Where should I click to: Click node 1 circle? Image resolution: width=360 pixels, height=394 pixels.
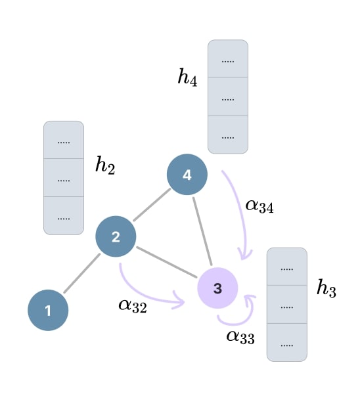click(48, 311)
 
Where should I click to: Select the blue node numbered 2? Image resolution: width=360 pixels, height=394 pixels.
click(116, 236)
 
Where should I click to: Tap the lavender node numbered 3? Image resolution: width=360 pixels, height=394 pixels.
click(217, 288)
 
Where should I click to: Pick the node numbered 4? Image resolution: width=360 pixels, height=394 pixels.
click(187, 175)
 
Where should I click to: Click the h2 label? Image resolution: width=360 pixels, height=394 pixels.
click(105, 165)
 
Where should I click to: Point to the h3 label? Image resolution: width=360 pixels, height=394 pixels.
click(326, 288)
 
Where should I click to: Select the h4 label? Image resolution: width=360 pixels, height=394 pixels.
click(187, 77)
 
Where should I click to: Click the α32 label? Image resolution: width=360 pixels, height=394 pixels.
click(133, 306)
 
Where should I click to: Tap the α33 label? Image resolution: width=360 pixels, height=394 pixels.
click(240, 337)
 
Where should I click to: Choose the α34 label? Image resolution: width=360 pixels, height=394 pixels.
click(259, 206)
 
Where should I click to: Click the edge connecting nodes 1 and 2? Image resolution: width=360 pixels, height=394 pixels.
click(82, 273)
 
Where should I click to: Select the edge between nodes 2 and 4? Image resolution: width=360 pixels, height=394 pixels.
click(152, 205)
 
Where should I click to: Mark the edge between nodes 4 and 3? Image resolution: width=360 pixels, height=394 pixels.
click(202, 231)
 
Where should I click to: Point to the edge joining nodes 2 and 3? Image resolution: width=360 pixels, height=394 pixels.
click(167, 262)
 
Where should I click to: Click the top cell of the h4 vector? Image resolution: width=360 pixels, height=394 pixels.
click(228, 58)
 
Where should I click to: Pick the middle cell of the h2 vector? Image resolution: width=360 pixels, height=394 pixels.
click(64, 178)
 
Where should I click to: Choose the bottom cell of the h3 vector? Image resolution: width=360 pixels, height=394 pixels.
click(287, 343)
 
